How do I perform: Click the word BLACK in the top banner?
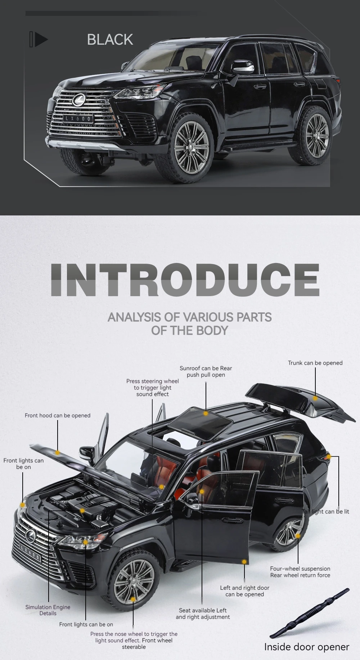coord(110,40)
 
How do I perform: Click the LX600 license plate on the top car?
coord(78,118)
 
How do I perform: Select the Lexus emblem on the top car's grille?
coord(78,99)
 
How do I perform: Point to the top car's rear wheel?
coord(313,135)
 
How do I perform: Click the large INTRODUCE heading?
coord(185,280)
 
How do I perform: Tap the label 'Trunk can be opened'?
coord(315,363)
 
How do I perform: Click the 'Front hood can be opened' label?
coord(58,415)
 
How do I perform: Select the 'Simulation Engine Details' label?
coord(48,610)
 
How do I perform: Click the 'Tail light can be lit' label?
coord(326,512)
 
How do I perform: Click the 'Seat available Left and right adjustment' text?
coord(203,614)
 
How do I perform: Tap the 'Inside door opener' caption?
coord(307,647)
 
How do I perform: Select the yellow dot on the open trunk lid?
coord(315,398)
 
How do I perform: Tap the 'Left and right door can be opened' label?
coord(245,591)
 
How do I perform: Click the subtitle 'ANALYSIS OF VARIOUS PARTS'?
coord(190,317)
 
